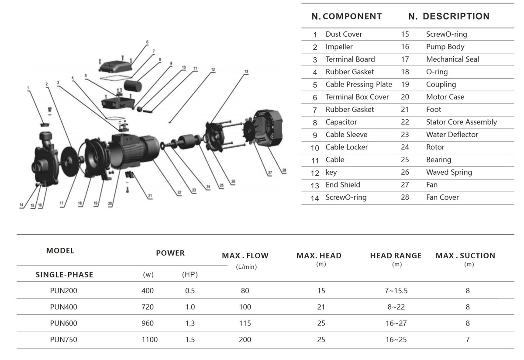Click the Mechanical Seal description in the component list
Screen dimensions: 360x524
click(x=452, y=59)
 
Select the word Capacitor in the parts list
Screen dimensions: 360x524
click(x=341, y=122)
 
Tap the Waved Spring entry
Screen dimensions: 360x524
click(x=449, y=172)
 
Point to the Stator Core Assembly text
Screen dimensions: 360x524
click(x=461, y=122)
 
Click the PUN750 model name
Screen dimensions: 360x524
click(x=63, y=339)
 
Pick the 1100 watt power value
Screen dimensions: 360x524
click(x=149, y=339)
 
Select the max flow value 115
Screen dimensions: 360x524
click(x=245, y=323)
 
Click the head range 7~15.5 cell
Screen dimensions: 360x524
click(x=396, y=291)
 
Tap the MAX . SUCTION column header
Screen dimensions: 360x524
click(x=465, y=256)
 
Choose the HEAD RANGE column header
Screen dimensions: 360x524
click(x=396, y=256)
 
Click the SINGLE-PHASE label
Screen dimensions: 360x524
click(x=64, y=275)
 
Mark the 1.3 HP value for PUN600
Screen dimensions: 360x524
click(x=190, y=323)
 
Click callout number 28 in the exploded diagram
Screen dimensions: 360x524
click(x=284, y=170)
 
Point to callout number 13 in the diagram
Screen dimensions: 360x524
click(x=246, y=71)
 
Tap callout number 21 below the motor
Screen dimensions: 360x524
click(x=150, y=196)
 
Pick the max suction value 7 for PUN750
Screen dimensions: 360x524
click(x=468, y=339)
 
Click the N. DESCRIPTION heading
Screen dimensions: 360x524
click(x=448, y=17)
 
